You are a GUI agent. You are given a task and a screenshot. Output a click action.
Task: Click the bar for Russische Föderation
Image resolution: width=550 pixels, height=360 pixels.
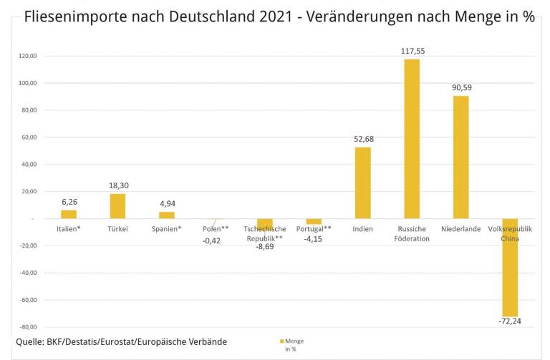[x=412, y=139]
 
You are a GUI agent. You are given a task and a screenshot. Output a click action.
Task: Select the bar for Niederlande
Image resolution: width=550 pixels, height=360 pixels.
[x=460, y=157]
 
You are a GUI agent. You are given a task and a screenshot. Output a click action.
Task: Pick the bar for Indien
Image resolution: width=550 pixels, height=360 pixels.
[x=363, y=183]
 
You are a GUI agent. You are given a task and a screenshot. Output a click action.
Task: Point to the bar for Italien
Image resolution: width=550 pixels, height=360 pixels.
[x=69, y=214]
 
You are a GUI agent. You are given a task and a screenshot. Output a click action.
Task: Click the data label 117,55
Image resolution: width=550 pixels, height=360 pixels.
[x=412, y=52]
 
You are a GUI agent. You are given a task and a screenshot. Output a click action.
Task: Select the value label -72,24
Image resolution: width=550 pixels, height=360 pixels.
[x=509, y=321]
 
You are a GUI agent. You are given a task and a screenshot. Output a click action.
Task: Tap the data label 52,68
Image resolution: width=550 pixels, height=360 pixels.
[x=363, y=140]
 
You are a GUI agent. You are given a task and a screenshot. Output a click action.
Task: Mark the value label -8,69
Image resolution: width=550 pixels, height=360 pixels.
[x=264, y=246]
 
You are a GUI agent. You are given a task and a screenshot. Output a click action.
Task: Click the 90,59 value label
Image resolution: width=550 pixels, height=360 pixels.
[x=460, y=88]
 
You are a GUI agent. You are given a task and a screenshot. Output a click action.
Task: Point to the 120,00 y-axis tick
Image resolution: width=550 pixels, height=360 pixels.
[x=28, y=56]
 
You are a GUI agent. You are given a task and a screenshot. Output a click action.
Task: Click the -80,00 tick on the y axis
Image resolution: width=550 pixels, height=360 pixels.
[x=28, y=327]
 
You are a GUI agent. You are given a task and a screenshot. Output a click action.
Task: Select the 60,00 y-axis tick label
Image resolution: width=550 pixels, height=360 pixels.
[x=29, y=137]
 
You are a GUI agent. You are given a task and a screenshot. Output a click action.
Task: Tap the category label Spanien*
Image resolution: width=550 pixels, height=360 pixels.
[x=166, y=230]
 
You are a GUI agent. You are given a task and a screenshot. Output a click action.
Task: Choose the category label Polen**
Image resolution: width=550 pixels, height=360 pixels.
[x=216, y=230]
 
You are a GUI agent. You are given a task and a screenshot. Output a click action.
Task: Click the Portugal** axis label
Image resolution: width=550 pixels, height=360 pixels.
[x=314, y=230]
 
